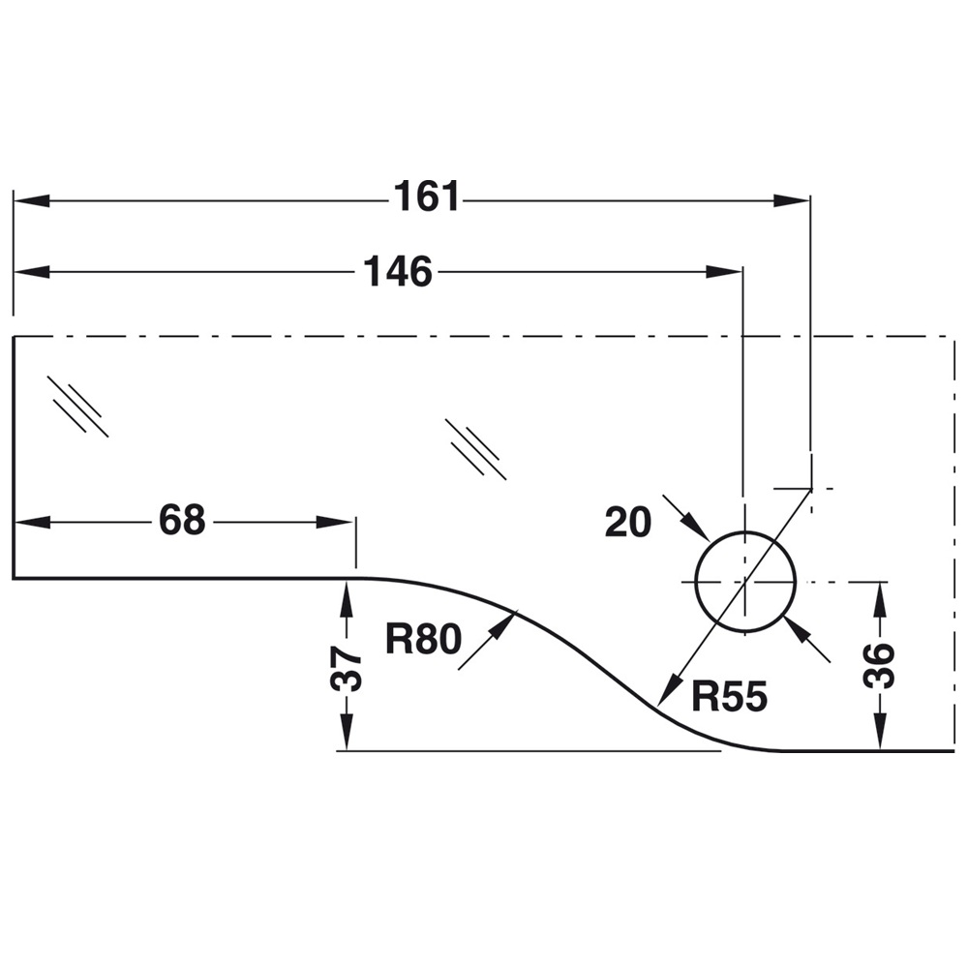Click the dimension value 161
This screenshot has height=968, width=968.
[427, 198]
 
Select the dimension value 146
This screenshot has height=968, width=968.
[397, 272]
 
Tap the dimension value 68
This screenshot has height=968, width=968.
[182, 521]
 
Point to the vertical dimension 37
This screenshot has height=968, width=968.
[347, 668]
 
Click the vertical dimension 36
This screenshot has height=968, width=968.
[879, 666]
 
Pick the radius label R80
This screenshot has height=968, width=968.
[422, 639]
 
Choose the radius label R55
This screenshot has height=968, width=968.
[729, 695]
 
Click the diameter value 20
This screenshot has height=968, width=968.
[628, 523]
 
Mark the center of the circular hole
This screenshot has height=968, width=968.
[744, 582]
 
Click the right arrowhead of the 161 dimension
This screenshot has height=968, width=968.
[794, 200]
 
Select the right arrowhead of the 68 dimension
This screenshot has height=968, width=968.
[339, 522]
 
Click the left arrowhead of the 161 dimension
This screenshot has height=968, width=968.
[29, 200]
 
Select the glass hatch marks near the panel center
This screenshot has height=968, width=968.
[475, 446]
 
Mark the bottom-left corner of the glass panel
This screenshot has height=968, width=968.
[14, 578]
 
